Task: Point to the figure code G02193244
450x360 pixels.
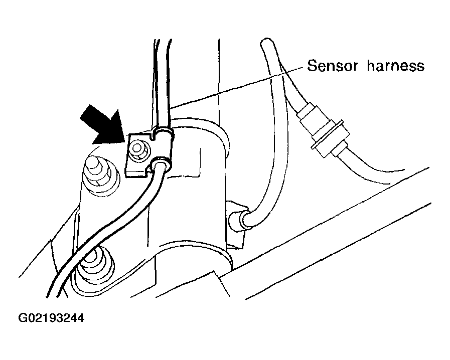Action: point(51,318)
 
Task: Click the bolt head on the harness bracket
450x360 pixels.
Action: point(138,148)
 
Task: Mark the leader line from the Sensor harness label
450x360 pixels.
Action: point(236,87)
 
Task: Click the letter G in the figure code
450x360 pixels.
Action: point(22,318)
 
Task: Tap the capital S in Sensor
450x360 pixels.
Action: point(312,65)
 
